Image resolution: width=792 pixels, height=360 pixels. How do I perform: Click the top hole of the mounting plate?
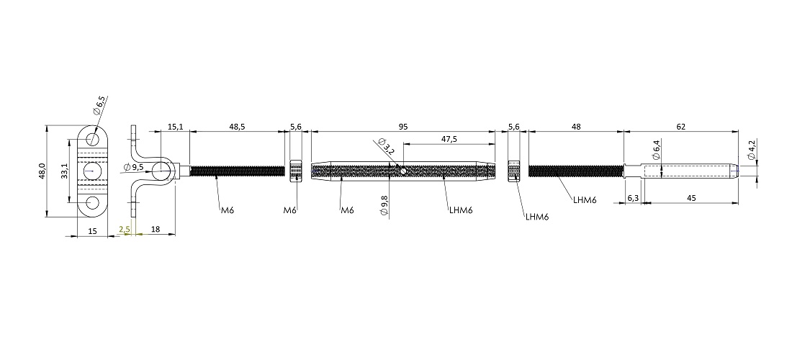tap(92, 138)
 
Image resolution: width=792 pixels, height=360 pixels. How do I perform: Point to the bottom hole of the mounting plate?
tap(92, 203)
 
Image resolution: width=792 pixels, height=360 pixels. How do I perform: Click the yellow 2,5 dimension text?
tap(125, 229)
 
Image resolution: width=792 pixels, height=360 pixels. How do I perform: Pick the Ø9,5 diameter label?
tap(134, 166)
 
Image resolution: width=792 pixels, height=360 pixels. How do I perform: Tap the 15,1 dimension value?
tap(175, 126)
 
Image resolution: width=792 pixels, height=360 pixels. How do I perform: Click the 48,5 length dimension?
tap(237, 126)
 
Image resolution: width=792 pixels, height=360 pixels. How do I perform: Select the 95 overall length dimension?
tap(402, 126)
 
